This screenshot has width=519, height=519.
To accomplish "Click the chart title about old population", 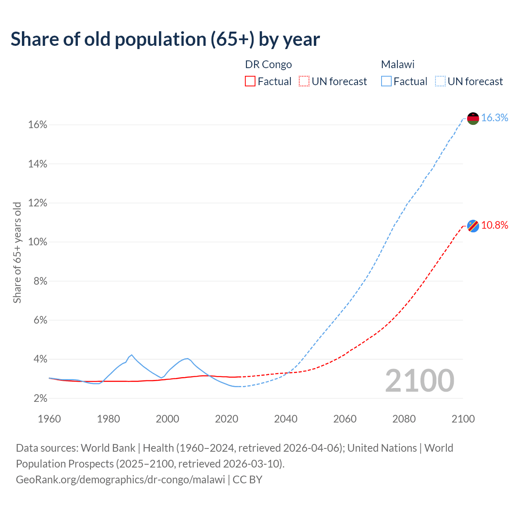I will (x=165, y=39).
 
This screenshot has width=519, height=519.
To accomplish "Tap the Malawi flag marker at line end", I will (x=473, y=118).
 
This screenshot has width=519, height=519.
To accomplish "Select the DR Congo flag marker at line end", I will (x=473, y=226).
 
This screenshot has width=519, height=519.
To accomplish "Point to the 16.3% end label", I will (x=495, y=118).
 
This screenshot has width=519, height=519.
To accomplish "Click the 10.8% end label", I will (x=495, y=225).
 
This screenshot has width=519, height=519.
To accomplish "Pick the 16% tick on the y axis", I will (x=38, y=125).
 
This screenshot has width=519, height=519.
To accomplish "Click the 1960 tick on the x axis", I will (x=49, y=419).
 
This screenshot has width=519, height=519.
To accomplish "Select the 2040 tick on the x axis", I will (x=285, y=419).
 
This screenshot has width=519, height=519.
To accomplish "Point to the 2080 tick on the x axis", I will (x=404, y=419).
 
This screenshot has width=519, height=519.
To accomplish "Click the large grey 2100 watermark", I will (x=420, y=381).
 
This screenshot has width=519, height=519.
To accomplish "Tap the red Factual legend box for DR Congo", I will (x=250, y=81).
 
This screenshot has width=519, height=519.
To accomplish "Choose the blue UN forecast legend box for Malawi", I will (x=440, y=81).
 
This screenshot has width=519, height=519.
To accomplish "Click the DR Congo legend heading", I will (x=268, y=64).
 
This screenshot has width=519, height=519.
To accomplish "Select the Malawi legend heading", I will (x=397, y=64).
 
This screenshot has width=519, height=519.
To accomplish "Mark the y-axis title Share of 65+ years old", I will (x=17, y=252).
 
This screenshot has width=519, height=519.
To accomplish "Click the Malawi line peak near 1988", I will (x=131, y=355).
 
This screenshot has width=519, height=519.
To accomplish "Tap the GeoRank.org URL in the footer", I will (x=120, y=480).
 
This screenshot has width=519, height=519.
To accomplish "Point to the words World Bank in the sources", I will (x=108, y=448).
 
